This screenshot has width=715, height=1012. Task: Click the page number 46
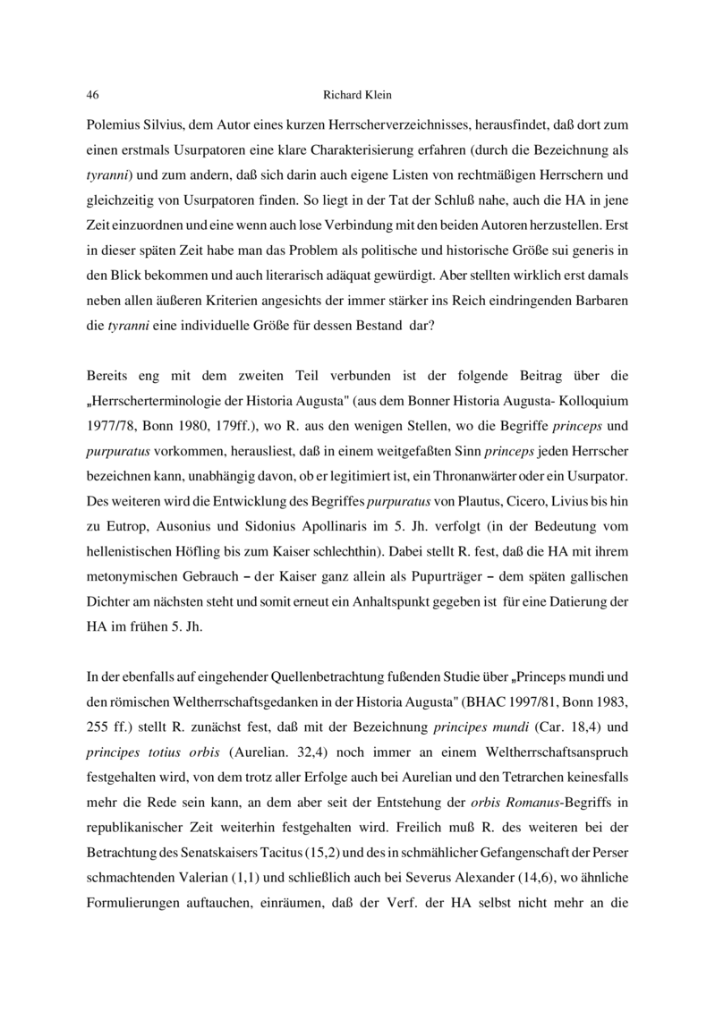(91, 94)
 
